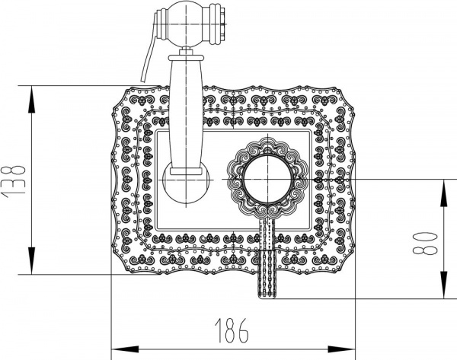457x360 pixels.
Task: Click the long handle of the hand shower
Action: [x=185, y=114]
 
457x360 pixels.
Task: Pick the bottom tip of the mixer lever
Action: [x=267, y=293]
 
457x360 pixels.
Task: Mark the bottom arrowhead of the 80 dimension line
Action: [x=444, y=292]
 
